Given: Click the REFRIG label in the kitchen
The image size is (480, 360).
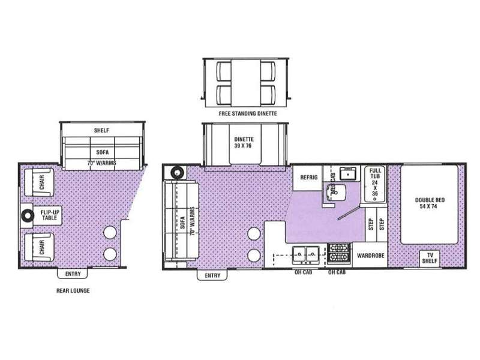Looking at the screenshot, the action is click(x=308, y=177).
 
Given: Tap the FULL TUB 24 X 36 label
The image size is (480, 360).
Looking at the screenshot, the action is click(x=375, y=182).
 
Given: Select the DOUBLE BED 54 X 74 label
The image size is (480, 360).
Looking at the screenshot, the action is click(x=430, y=203).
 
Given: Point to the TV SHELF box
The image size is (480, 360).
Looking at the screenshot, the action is click(x=430, y=258).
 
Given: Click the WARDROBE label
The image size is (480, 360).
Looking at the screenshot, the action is click(x=370, y=256).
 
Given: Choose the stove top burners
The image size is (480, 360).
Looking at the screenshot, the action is click(x=339, y=253).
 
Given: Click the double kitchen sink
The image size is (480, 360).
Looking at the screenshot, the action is click(x=306, y=255).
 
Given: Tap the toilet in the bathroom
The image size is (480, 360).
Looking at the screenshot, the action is click(x=336, y=192).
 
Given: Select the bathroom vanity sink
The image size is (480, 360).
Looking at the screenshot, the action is click(x=348, y=173).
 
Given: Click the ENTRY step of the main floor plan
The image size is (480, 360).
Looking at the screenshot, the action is click(x=212, y=275).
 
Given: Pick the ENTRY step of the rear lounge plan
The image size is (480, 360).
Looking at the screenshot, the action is click(x=73, y=274).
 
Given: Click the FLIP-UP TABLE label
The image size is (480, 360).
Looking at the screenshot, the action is click(x=50, y=215).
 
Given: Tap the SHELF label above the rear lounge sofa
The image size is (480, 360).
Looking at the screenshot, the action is click(x=101, y=130).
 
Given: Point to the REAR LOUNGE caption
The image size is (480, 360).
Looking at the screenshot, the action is click(x=73, y=290).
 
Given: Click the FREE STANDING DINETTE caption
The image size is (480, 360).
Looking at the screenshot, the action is click(x=248, y=113).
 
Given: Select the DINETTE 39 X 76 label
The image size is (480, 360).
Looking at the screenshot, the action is click(x=244, y=143).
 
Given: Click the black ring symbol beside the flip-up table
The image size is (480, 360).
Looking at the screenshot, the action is click(x=28, y=215).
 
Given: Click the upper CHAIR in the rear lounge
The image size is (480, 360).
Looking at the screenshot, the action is click(x=39, y=182).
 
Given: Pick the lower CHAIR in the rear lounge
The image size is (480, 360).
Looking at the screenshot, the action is click(x=39, y=247).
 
